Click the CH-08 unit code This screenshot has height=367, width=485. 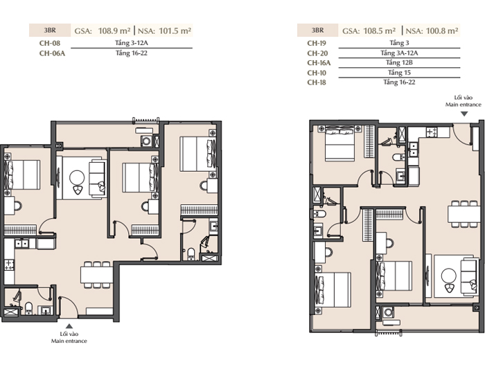[x=49, y=43]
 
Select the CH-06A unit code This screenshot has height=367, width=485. [x=52, y=53]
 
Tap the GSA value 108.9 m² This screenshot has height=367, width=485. [x=114, y=30]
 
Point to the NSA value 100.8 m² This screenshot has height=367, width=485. [x=442, y=30]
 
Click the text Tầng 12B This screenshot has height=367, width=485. [x=399, y=63]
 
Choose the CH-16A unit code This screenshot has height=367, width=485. [x=319, y=63]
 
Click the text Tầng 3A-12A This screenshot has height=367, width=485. [x=399, y=53]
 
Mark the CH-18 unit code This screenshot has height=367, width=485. [x=317, y=82]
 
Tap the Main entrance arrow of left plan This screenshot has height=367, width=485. [x=69, y=326]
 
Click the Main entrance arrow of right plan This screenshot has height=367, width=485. [x=464, y=114]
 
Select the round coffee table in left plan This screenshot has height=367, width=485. [x=77, y=178]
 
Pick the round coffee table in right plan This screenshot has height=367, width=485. [x=448, y=276]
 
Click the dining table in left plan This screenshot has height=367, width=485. [x=96, y=275]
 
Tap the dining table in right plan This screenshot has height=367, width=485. [x=464, y=214]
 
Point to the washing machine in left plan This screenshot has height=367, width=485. [x=146, y=141]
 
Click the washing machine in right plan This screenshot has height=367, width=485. [x=388, y=312]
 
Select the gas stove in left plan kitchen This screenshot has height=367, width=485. [x=9, y=265]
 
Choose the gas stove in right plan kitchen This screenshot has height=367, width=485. [x=432, y=132]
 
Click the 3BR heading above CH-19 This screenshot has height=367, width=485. [x=317, y=30]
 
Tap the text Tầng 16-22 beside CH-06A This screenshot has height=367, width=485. [x=132, y=53]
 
